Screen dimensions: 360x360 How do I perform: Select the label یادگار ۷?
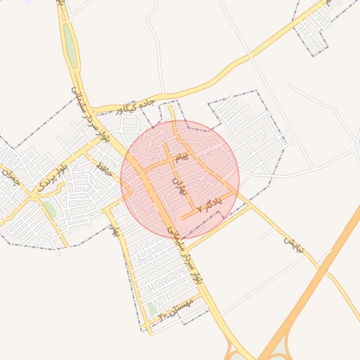[209, 205]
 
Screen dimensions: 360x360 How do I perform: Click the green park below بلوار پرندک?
[49, 208]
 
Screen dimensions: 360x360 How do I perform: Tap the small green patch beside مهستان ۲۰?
[153, 309]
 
